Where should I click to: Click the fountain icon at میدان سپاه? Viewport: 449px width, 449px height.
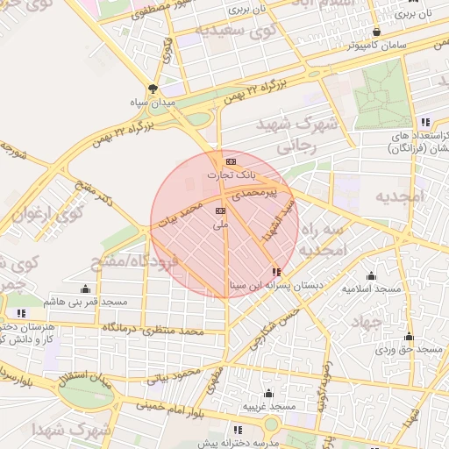pyautogui.click(x=153, y=89)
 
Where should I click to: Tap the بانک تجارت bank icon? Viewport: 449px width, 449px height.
pyautogui.click(x=231, y=162)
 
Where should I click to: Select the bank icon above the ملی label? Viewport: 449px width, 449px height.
pyautogui.click(x=220, y=210)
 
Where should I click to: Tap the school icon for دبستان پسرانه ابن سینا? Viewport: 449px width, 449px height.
pyautogui.click(x=277, y=272)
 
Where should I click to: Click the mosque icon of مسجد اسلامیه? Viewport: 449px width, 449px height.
pyautogui.click(x=371, y=274)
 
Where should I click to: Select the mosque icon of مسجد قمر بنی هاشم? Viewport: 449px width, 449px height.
pyautogui.click(x=85, y=289)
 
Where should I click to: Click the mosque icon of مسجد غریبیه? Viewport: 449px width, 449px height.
pyautogui.click(x=267, y=393)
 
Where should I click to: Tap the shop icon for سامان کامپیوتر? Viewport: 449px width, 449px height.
pyautogui.click(x=375, y=32)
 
